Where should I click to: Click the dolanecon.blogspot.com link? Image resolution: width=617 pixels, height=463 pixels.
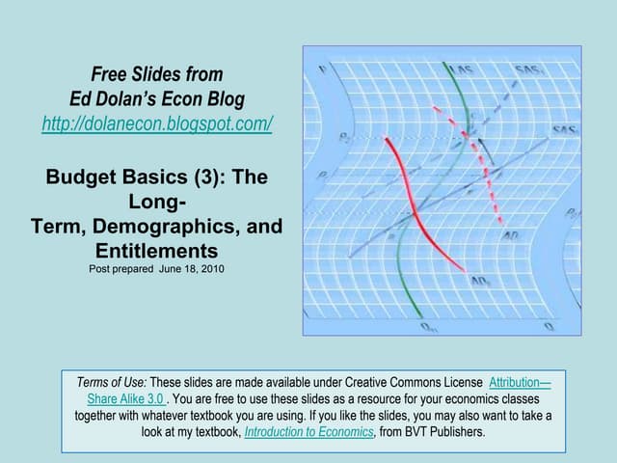157,124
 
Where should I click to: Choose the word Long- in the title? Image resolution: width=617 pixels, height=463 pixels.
157,203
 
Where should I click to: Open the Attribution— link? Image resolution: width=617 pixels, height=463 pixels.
520,382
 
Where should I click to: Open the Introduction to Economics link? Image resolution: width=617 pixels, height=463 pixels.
308,432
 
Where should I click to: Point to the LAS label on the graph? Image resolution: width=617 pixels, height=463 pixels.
463,72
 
